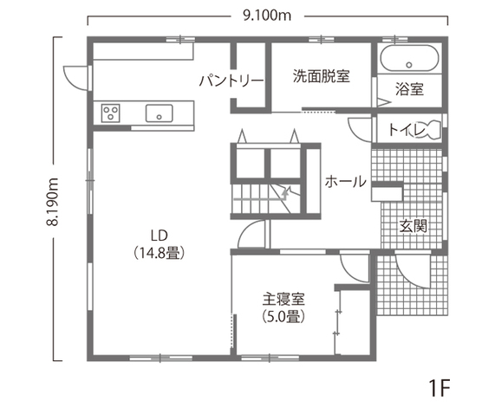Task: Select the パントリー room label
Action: tap(231, 81)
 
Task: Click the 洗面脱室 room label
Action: tap(320, 75)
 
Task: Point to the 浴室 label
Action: tap(409, 88)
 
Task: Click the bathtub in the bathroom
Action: tap(410, 60)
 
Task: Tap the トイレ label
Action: tap(405, 130)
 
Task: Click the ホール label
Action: tap(345, 182)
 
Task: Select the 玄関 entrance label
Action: tap(413, 226)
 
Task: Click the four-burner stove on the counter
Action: tap(111, 113)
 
